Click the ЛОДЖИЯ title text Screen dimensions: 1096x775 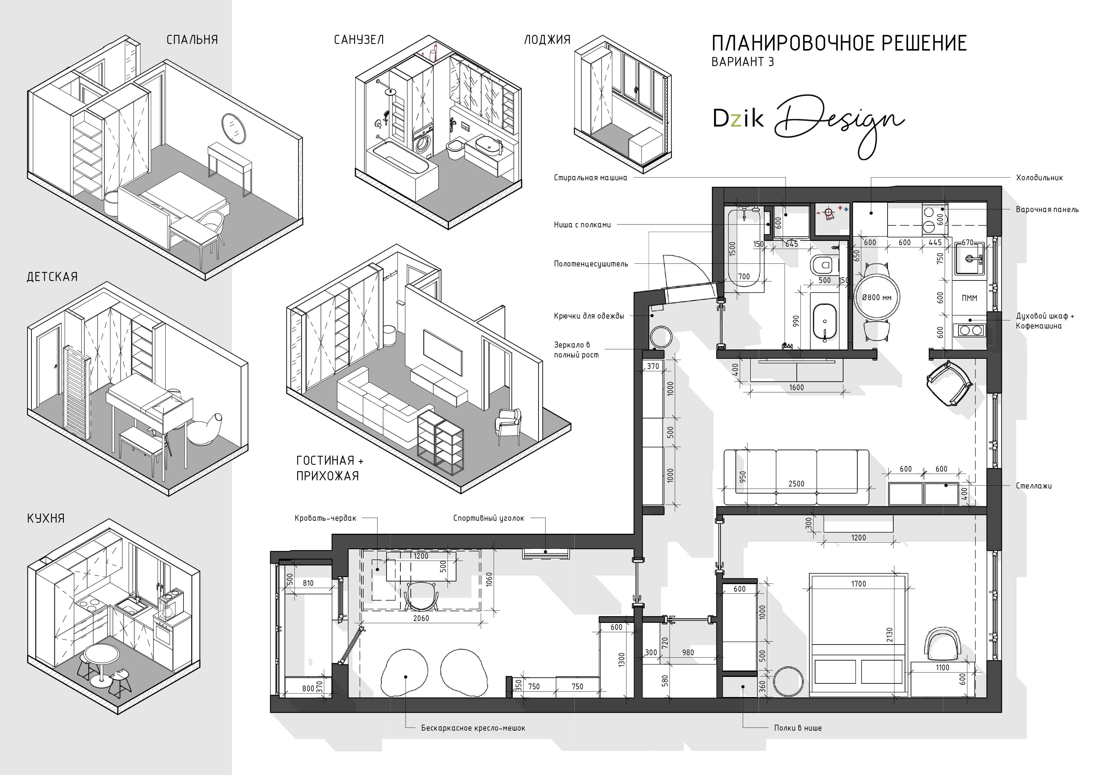click(547, 40)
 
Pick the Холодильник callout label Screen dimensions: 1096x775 click(1039, 178)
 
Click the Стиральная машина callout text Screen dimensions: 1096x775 click(591, 178)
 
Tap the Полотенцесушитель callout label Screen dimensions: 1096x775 click(591, 263)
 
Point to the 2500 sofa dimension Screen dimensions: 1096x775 click(796, 483)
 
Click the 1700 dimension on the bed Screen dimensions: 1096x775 click(858, 583)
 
